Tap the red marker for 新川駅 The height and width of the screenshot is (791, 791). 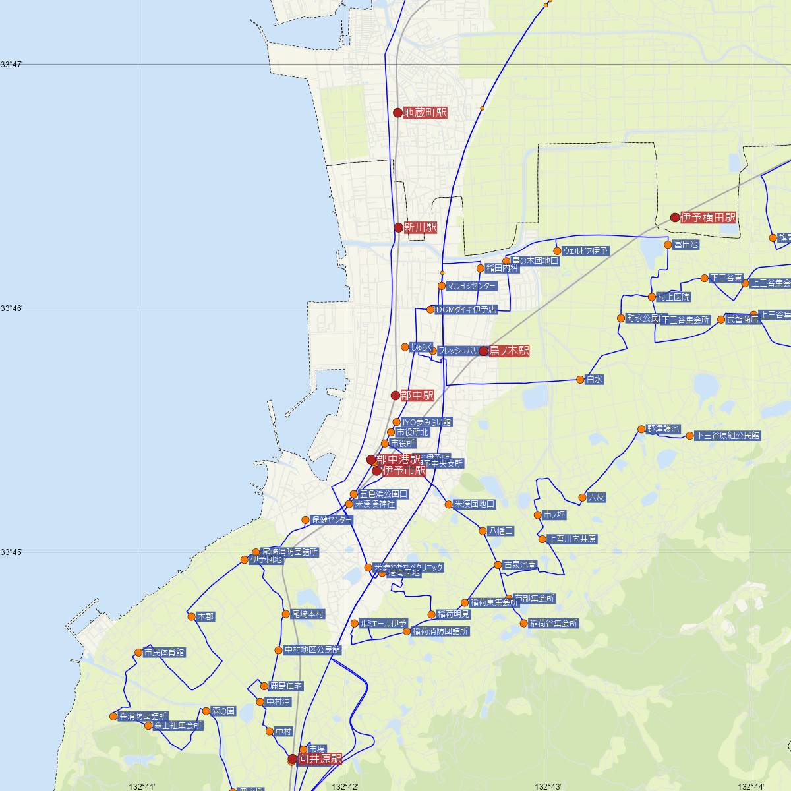coord(398,227)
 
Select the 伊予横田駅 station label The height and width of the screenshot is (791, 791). coord(709,218)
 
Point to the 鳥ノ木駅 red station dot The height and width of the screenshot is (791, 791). coord(484,351)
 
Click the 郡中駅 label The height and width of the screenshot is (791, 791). coord(417,395)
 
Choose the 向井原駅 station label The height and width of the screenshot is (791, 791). coord(320,759)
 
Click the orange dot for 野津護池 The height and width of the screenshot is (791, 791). coord(641,429)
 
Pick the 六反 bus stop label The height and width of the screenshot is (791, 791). coord(596,498)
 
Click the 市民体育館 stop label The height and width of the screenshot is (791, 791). coord(164,653)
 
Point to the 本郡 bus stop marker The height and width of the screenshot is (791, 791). coord(191,617)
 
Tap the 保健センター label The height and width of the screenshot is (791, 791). coord(332,520)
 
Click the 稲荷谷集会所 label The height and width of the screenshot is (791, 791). coord(553,624)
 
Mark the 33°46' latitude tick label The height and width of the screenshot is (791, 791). coord(11,308)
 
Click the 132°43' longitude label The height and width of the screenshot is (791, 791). coord(548,786)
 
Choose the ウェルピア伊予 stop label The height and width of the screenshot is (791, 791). coord(586,251)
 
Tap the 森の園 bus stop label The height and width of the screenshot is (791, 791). coord(223,711)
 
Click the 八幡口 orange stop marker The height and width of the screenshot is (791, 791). coord(483,531)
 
